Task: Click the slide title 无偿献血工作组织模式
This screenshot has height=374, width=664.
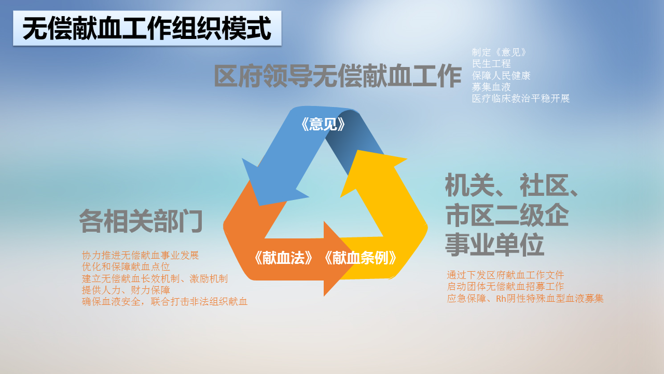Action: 147,29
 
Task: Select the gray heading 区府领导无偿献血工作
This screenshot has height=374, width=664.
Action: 337,76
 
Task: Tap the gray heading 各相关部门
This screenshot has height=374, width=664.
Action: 141,221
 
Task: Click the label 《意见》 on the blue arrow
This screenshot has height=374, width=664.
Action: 323,124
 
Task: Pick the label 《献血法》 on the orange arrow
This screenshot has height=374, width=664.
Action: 283,258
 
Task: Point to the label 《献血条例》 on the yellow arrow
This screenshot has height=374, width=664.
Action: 360,258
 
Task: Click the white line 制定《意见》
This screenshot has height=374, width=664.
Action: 500,52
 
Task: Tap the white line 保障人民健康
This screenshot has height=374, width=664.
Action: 501,75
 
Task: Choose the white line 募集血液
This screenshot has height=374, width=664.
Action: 491,87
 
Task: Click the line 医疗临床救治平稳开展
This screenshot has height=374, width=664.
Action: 520,99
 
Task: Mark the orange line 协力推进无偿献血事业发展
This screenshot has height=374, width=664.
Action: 140,255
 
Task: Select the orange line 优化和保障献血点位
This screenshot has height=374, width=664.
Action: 126,267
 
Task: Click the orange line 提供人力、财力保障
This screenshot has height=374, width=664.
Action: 126,290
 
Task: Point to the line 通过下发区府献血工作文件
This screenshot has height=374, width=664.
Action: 505,275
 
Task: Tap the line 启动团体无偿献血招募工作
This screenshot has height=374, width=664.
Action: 505,287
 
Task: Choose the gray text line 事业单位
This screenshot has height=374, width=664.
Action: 494,245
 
